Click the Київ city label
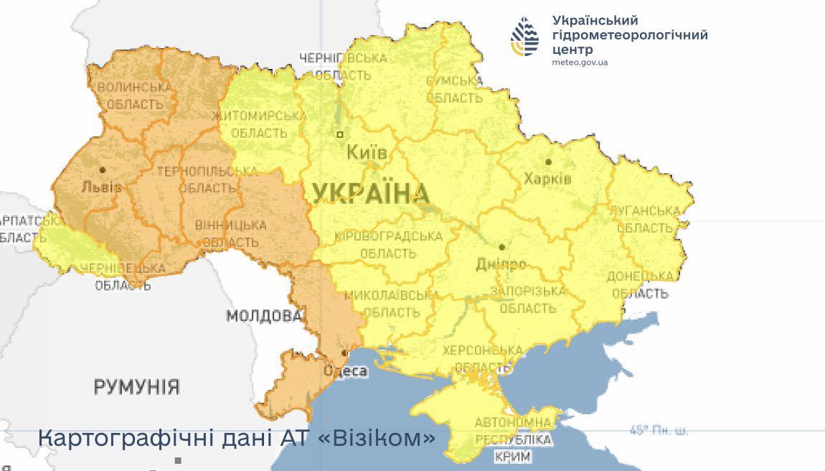(367, 153)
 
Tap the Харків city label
(547, 178)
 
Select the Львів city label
(101, 187)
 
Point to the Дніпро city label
(501, 264)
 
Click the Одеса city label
(346, 371)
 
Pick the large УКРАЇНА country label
(371, 193)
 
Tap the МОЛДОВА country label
(264, 316)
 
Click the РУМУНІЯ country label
(136, 387)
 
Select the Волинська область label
(135, 95)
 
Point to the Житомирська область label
(259, 124)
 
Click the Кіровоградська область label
(387, 245)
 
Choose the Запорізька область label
(527, 299)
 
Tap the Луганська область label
(644, 220)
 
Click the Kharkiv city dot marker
(549, 162)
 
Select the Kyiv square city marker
(340, 134)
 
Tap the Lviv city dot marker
(103, 170)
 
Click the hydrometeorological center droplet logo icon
(525, 37)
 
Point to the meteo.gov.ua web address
(580, 62)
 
